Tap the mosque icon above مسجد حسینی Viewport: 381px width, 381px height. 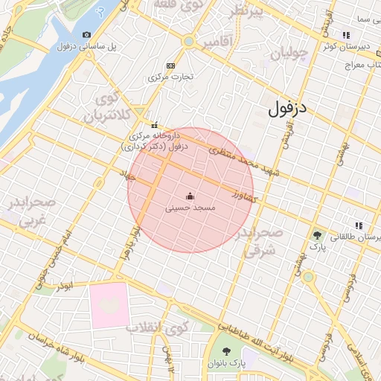coord(190,196)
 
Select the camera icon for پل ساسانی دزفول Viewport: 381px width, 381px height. coord(87,35)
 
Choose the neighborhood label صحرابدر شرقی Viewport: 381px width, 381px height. coord(260,242)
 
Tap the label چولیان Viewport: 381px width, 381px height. coord(289,54)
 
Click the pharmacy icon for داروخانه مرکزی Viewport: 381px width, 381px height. coord(155,125)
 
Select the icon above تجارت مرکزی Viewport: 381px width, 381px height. coord(172,65)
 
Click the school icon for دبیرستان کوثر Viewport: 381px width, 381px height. coord(345,35)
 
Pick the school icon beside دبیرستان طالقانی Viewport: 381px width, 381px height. coord(359,225)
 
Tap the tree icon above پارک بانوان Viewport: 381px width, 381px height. coord(226,352)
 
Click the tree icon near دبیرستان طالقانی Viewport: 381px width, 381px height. coord(318,234)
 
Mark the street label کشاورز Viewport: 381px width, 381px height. coord(244,197)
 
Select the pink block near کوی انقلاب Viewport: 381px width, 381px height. coord(109,305)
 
